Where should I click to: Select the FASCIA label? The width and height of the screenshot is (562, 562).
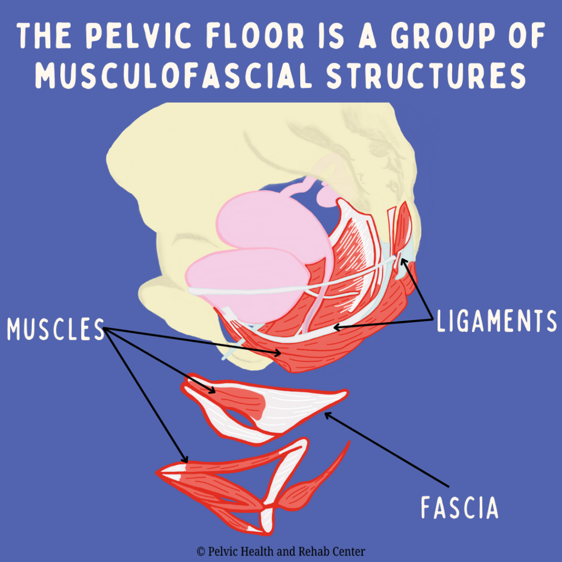(459, 507)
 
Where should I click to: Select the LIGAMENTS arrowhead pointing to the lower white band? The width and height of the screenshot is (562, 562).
(335, 328)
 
